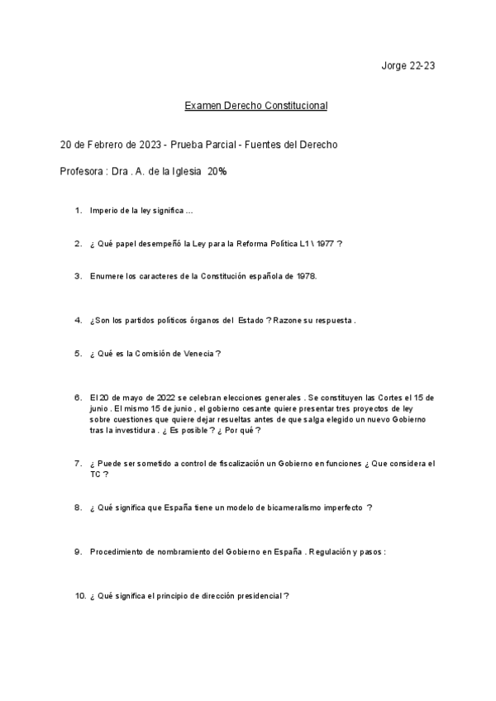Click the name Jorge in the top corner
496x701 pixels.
pyautogui.click(x=394, y=65)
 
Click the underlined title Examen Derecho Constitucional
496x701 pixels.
pyautogui.click(x=255, y=106)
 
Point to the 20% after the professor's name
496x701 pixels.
pyautogui.click(x=217, y=173)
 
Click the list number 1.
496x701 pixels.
pyautogui.click(x=78, y=211)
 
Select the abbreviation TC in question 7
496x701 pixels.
pyautogui.click(x=96, y=474)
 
